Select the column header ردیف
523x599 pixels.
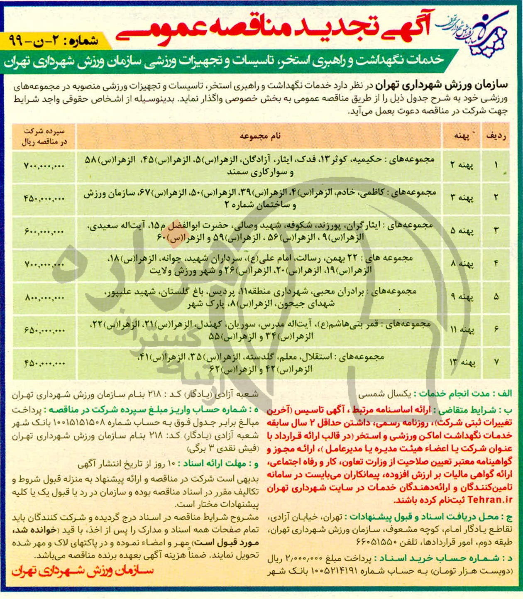495,136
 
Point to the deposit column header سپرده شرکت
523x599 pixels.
44,136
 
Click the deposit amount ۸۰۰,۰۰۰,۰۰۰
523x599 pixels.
44,297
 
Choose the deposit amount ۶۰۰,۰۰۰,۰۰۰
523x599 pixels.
44,231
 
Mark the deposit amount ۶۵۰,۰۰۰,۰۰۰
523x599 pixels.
44,330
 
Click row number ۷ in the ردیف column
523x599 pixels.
496,362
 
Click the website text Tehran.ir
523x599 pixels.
490,499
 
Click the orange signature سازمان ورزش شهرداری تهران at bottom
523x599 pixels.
83,571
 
